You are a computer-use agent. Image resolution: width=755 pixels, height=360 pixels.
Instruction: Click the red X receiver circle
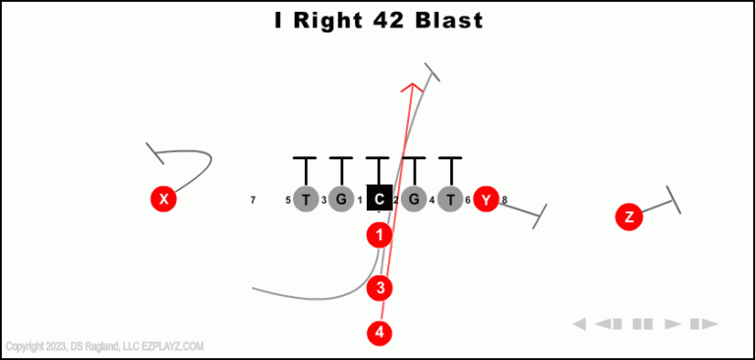click(x=164, y=200)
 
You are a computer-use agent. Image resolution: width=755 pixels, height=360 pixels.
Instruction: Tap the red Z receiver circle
click(x=629, y=217)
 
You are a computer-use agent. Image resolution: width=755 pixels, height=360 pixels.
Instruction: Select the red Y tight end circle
click(x=486, y=200)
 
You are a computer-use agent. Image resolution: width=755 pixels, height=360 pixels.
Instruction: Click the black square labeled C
click(x=379, y=199)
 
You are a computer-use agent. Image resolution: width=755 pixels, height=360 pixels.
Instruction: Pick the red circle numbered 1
click(x=379, y=235)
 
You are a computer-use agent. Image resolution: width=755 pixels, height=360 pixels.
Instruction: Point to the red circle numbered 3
click(x=379, y=288)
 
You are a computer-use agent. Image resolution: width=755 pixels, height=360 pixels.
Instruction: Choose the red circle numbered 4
click(x=379, y=332)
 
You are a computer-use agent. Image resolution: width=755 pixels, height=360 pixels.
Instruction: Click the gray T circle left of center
click(x=306, y=200)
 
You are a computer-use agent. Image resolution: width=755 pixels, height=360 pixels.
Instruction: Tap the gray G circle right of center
click(x=414, y=200)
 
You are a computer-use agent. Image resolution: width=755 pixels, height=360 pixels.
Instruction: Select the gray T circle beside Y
click(x=450, y=200)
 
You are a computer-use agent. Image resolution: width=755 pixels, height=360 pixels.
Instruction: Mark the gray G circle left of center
click(x=341, y=200)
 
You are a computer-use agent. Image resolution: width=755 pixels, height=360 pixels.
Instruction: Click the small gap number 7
click(x=253, y=201)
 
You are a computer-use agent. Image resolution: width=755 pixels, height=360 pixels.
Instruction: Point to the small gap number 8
click(x=504, y=201)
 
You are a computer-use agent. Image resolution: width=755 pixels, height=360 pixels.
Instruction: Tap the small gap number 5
click(x=288, y=201)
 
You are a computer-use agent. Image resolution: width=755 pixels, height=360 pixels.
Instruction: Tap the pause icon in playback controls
click(x=643, y=324)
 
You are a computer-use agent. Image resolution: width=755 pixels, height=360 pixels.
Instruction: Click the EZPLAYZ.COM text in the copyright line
click(x=172, y=346)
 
